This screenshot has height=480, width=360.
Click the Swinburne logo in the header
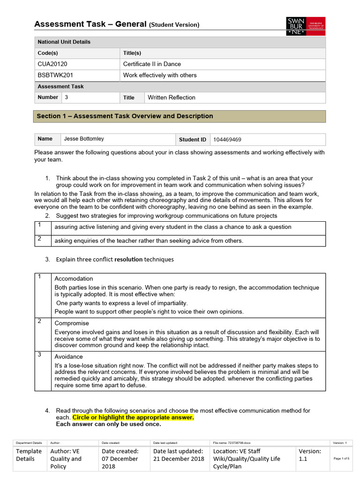tap(305, 26)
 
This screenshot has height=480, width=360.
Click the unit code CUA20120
tap(51, 64)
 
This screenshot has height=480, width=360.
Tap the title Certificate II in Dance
tap(152, 64)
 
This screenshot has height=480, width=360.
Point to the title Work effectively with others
tap(160, 75)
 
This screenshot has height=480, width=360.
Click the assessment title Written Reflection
tap(172, 97)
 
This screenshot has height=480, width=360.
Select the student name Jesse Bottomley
tap(84, 139)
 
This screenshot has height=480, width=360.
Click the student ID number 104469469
tap(227, 139)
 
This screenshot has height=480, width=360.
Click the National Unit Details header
tap(64, 42)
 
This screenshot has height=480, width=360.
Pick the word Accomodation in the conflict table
tap(74, 278)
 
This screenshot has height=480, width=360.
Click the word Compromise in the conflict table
tap(72, 323)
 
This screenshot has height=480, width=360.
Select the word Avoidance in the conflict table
tap(69, 357)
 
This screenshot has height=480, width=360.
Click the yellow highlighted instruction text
tap(133, 417)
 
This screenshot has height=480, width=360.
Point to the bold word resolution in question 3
tap(128, 259)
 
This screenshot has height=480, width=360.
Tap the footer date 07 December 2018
tap(120, 458)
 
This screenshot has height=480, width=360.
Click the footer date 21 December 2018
tap(179, 458)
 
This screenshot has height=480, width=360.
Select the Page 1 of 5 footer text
tap(341, 458)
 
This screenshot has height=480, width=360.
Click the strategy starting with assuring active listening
tap(173, 227)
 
